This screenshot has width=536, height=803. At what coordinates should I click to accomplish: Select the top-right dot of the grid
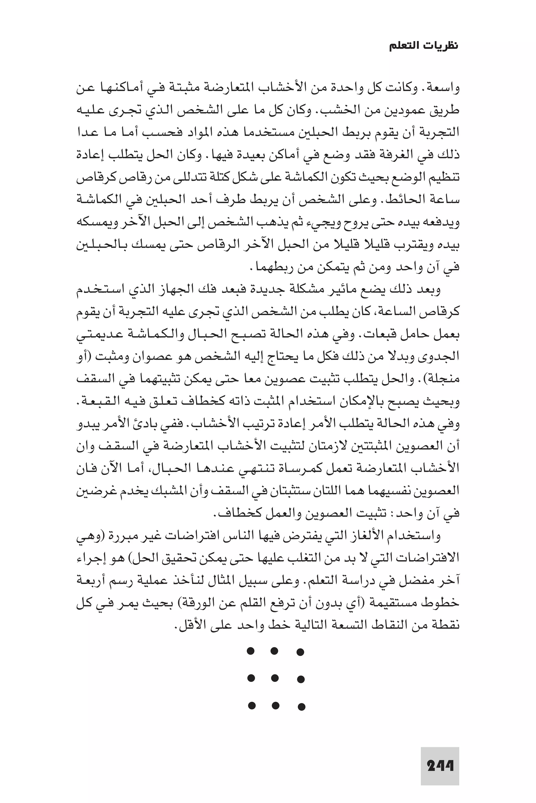[300, 652]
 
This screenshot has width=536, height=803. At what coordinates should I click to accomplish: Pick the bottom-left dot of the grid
[251, 705]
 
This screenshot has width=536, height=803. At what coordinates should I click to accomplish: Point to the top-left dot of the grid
[250, 651]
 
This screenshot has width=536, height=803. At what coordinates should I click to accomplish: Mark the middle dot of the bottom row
[276, 705]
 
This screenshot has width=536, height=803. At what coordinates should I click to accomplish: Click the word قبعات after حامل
[389, 335]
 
